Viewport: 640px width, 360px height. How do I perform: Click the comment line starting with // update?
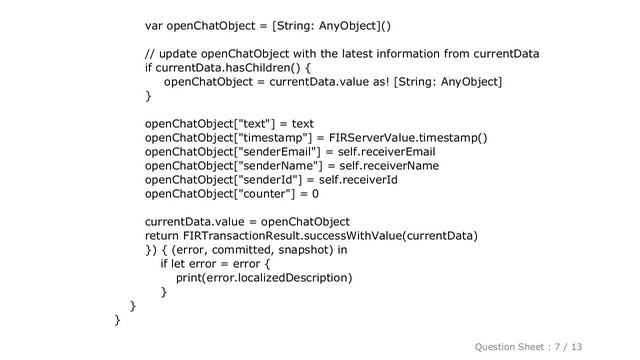click(x=342, y=53)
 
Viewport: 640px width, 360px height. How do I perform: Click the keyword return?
click(x=166, y=236)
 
